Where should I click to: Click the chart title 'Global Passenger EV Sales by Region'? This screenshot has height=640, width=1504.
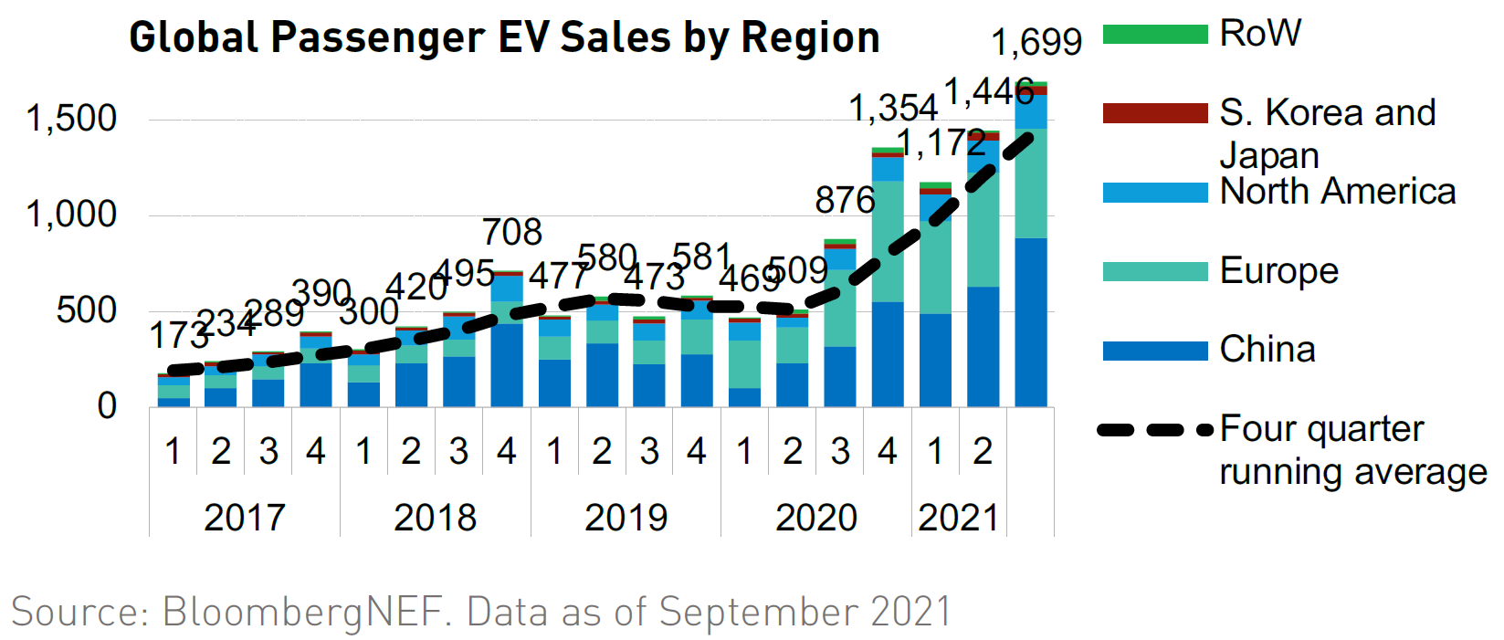(504, 37)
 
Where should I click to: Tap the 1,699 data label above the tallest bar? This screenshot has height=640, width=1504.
(1036, 42)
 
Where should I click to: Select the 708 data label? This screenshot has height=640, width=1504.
(512, 232)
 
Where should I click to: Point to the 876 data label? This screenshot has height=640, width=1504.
(845, 200)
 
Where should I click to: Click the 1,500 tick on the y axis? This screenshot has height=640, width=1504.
(71, 119)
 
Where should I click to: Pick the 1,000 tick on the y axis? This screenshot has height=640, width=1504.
(71, 215)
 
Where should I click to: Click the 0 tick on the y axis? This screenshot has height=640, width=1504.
(107, 406)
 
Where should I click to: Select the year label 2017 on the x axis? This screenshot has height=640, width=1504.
(245, 518)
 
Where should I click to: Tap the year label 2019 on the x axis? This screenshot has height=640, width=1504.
(626, 518)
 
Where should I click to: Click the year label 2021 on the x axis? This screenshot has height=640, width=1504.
(958, 518)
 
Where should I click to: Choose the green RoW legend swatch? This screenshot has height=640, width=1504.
(1155, 35)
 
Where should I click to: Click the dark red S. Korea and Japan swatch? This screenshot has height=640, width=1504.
(1155, 113)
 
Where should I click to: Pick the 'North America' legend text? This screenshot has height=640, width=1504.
(1338, 192)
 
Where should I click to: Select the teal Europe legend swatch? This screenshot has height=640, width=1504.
(1155, 271)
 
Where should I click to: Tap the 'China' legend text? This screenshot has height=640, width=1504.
(1267, 350)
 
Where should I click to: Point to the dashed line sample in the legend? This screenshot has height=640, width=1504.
(1155, 429)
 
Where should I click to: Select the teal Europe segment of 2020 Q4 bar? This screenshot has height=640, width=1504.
(888, 241)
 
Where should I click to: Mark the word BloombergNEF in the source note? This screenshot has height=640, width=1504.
(307, 612)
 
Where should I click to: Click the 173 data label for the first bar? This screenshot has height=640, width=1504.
(179, 336)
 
